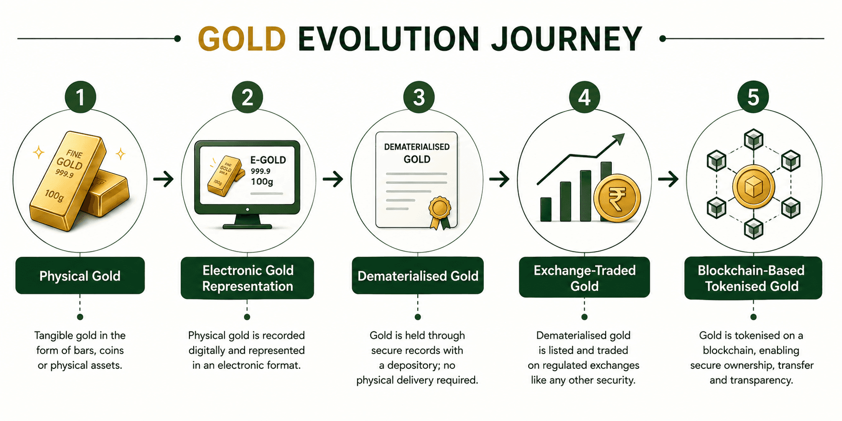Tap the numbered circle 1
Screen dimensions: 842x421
click(x=80, y=97)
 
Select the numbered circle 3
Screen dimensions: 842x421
click(x=419, y=97)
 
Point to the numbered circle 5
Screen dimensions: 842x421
click(x=753, y=97)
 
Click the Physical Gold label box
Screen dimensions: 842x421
click(x=80, y=276)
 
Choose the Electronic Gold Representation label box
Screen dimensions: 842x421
click(x=247, y=278)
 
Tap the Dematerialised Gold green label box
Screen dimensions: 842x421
click(x=418, y=276)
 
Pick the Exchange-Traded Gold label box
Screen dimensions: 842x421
click(x=584, y=278)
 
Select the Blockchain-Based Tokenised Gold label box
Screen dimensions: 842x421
click(x=753, y=278)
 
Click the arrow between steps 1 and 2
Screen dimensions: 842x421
click(x=164, y=179)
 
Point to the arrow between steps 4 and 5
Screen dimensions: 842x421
click(x=668, y=179)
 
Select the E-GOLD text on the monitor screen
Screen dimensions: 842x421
click(x=268, y=160)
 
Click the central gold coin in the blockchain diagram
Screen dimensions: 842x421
click(x=753, y=187)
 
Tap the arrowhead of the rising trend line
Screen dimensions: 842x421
click(x=618, y=139)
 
